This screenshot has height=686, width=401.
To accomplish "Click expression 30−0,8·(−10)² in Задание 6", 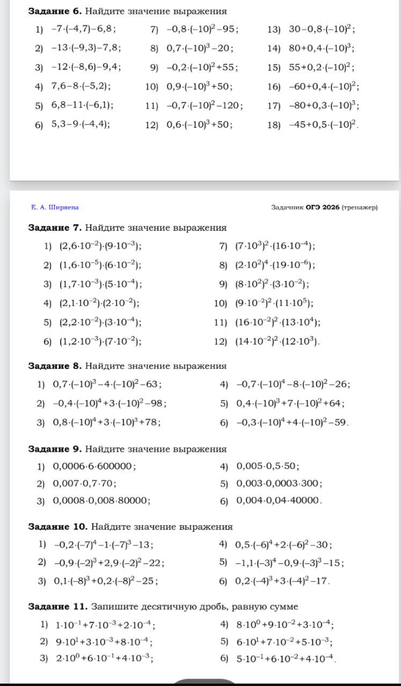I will pos(322,30).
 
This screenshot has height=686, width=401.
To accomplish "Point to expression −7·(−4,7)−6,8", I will pos(83,30).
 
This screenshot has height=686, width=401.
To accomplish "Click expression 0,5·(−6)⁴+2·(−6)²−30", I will pos(284,544).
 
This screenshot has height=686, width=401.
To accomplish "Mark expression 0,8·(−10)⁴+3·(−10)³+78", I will pos(107,422).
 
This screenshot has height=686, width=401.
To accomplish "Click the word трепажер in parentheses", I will pos(360,207).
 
